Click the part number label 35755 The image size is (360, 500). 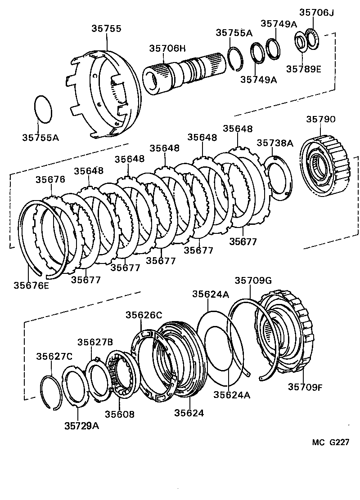[107, 29]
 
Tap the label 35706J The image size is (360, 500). [317, 12]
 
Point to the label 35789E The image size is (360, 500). [303, 69]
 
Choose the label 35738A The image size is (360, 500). [274, 143]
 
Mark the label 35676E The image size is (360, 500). [31, 285]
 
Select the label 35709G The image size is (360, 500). [253, 281]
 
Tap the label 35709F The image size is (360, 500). [306, 386]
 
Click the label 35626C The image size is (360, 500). [144, 315]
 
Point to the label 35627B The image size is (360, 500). [95, 342]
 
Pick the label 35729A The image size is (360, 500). [81, 425]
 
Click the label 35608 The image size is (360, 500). [119, 414]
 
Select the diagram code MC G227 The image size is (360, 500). [331, 442]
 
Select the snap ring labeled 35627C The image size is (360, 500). [50, 391]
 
